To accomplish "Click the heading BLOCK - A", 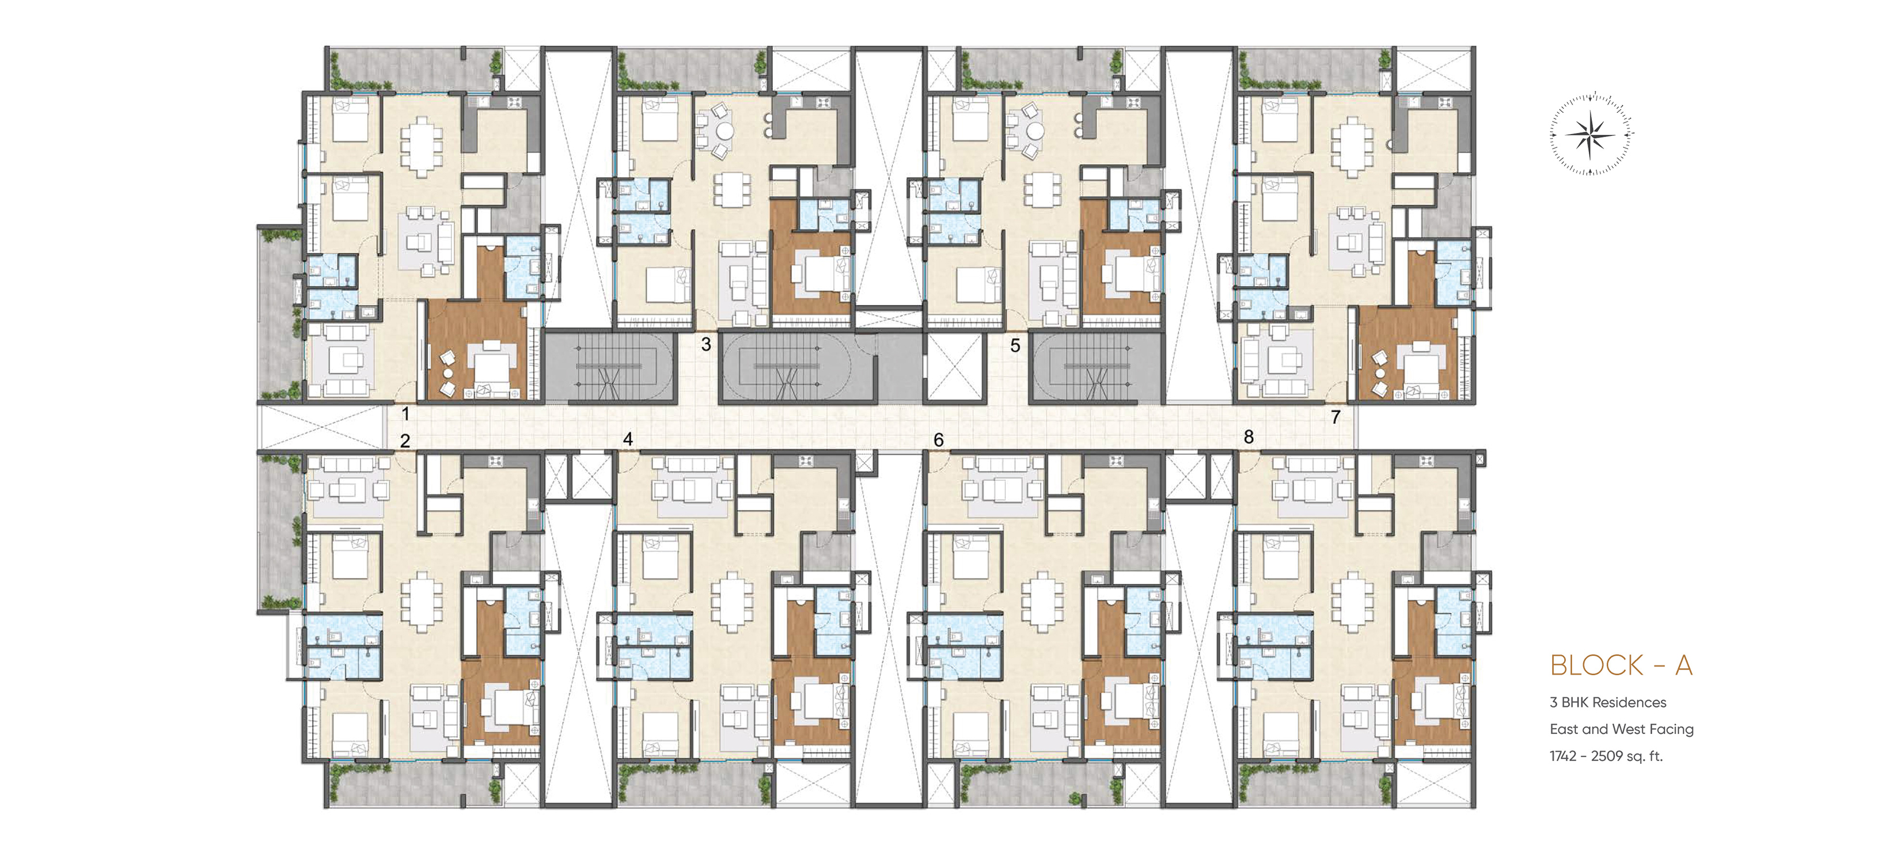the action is (1621, 665).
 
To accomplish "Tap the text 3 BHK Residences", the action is (1607, 702).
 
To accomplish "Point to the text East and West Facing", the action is (1621, 729).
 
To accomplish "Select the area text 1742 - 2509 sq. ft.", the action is (1606, 756).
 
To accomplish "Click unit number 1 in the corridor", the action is (405, 414).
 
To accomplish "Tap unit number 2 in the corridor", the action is (405, 440).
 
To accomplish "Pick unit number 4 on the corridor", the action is (628, 439).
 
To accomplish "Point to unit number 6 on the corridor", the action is (939, 440).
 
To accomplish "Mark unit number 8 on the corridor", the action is (1249, 437).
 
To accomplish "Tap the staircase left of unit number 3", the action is (609, 367).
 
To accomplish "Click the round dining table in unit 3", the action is (724, 131).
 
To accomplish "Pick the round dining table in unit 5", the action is (1035, 131).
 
